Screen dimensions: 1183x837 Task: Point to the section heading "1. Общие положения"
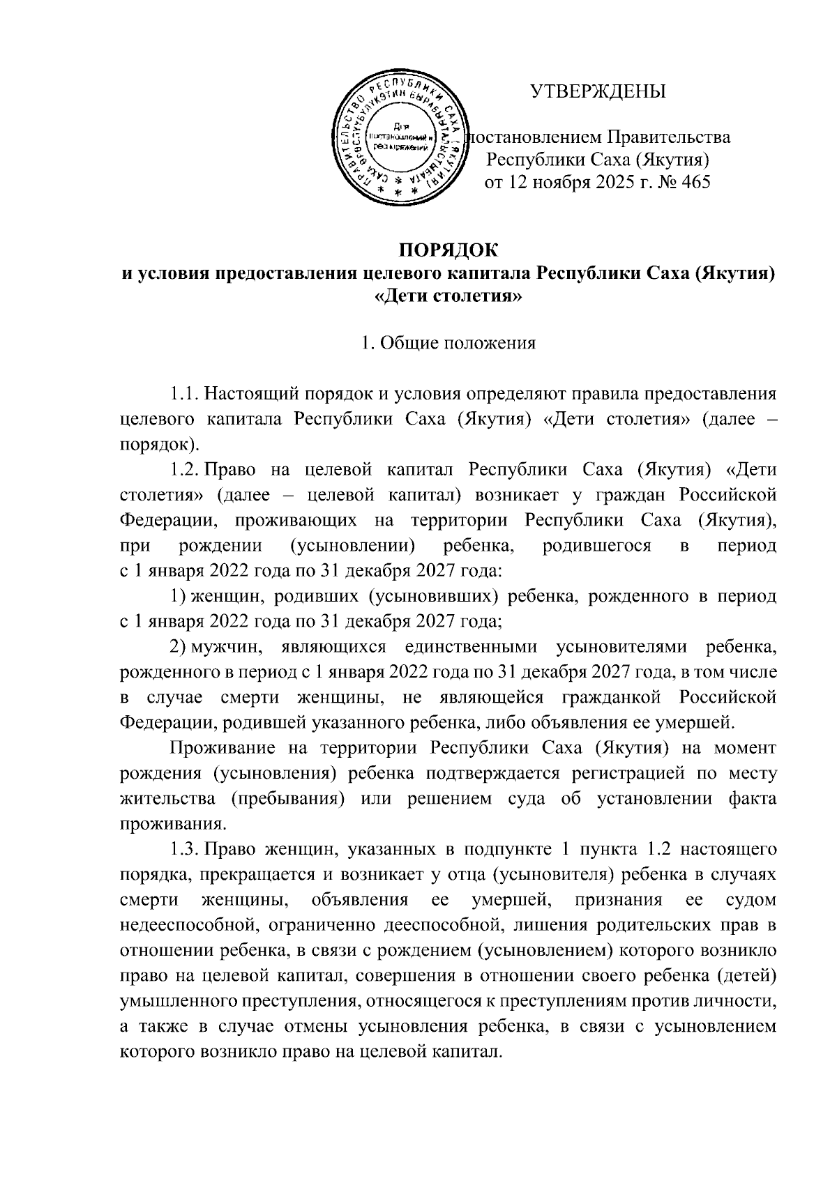[447, 343]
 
